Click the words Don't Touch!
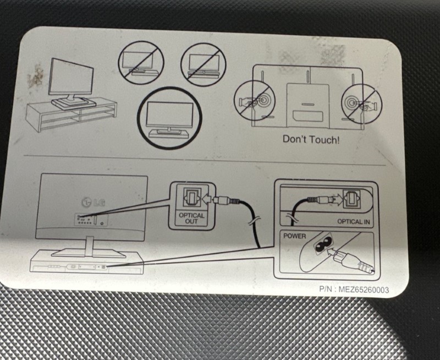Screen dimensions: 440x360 tap(311, 139)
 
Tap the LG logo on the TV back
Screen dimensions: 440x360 tap(93, 202)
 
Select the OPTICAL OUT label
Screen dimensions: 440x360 tap(191, 218)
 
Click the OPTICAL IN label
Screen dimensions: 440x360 tap(353, 222)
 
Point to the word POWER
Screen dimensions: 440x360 tap(294, 236)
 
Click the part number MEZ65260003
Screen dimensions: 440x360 tap(364, 290)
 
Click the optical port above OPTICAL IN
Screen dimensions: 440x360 tap(352, 199)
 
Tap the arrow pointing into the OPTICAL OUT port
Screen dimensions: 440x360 tap(207, 200)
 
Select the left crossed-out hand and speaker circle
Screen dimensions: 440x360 tap(255, 101)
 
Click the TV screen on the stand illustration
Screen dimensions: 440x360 tap(71, 78)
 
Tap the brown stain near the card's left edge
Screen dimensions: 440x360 tap(36, 76)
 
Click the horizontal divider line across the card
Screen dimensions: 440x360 tap(205, 160)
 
